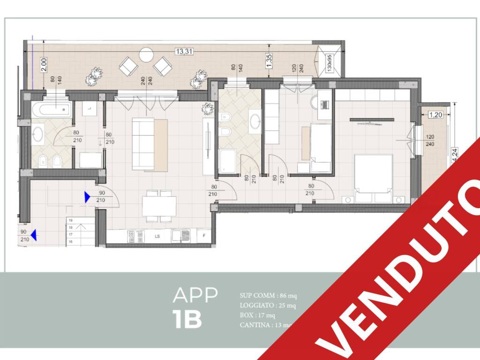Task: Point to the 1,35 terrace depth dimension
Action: coord(269,61)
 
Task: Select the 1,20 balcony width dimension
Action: coord(436,114)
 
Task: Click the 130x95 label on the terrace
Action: coord(330,62)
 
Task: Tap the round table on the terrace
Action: coord(146,55)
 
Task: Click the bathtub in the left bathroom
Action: coord(52,111)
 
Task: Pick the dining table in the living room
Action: coord(159,206)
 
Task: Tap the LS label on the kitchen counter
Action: coord(157,236)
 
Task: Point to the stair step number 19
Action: coord(70,220)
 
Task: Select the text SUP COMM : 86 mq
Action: coord(268,296)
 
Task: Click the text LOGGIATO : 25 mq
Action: coord(267,306)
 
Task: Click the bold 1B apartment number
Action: coord(187,319)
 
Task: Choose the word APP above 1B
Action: coord(195,295)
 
